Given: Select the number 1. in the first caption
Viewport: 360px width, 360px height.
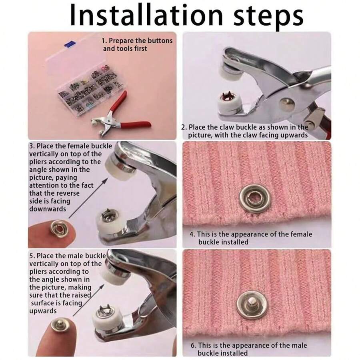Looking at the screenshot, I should coord(104,41).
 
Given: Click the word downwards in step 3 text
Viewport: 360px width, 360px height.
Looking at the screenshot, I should coord(48,209).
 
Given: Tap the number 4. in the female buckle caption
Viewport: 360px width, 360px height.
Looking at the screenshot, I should coord(192,234).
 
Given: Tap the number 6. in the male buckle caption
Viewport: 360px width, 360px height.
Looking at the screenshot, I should coord(192,345).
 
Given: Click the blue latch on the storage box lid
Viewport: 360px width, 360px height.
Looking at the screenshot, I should coord(72,42).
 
